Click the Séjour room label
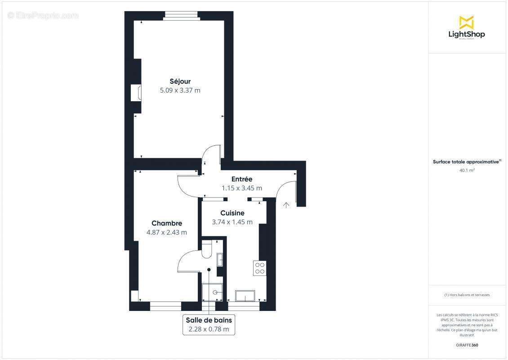tap(180, 81)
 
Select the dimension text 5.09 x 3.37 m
tap(180, 90)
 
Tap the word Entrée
tap(241, 179)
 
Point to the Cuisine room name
tap(232, 213)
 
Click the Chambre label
tap(166, 223)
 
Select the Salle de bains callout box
tap(209, 324)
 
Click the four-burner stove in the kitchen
tap(260, 268)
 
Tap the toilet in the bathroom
tap(207, 248)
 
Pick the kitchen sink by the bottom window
tap(245, 296)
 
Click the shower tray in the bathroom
tap(212, 292)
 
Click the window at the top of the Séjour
tap(181, 16)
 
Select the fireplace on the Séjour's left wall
tap(135, 93)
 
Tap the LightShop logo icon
tap(466, 22)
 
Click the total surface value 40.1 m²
tap(467, 171)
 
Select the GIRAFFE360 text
tap(467, 345)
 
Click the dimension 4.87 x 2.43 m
tap(166, 233)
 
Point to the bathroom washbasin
tap(220, 260)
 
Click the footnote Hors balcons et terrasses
tap(467, 295)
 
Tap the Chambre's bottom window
tap(165, 306)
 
